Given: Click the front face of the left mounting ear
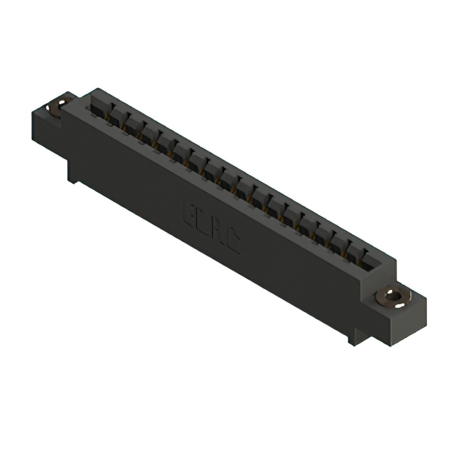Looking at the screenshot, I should click(44, 129).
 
